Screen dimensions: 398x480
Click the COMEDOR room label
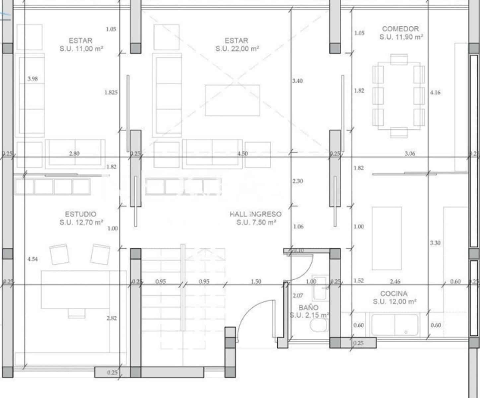[400, 29]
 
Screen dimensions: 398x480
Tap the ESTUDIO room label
[81, 214]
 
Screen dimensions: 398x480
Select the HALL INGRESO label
[255, 214]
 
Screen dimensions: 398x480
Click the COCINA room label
[394, 294]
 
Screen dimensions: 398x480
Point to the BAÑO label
[309, 307]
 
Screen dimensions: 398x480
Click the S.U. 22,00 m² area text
[237, 49]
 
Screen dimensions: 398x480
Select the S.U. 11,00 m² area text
[81, 49]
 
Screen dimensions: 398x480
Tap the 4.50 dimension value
[242, 154]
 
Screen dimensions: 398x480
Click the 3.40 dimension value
[297, 81]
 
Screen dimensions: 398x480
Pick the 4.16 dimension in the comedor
[435, 93]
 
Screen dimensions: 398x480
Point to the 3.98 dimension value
[33, 79]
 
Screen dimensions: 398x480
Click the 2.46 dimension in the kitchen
[395, 282]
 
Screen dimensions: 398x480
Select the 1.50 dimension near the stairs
[256, 282]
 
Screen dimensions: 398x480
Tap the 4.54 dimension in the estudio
[33, 259]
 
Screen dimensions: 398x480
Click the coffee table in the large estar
[232, 100]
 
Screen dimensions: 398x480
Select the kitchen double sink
[395, 325]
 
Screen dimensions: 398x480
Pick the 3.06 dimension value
[410, 154]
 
